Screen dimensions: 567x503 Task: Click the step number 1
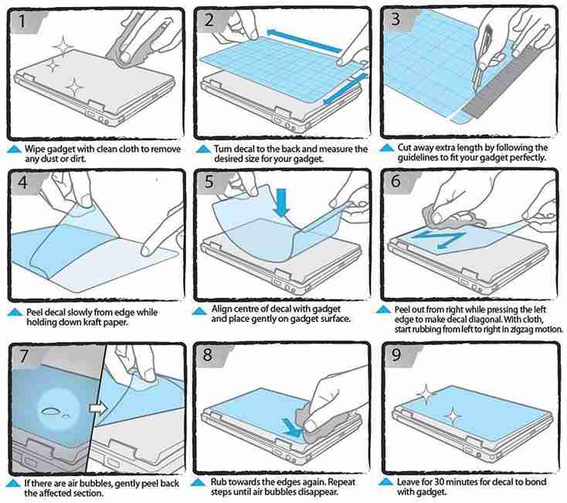pos(22,21)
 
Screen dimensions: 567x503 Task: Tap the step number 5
pos(209,181)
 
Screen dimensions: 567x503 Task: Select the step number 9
pos(396,354)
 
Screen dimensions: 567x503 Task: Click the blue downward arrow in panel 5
pos(281,202)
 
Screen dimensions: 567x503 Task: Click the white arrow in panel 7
pos(98,408)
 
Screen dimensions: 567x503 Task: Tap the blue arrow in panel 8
pos(293,427)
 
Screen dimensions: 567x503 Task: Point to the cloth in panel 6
pos(452,219)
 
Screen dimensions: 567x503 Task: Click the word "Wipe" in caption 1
pos(35,149)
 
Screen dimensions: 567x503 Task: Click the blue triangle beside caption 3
pos(386,148)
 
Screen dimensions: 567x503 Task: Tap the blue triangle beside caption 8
pos(199,483)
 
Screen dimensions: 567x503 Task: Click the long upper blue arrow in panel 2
pos(304,40)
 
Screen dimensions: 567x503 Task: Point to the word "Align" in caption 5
pos(221,310)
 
